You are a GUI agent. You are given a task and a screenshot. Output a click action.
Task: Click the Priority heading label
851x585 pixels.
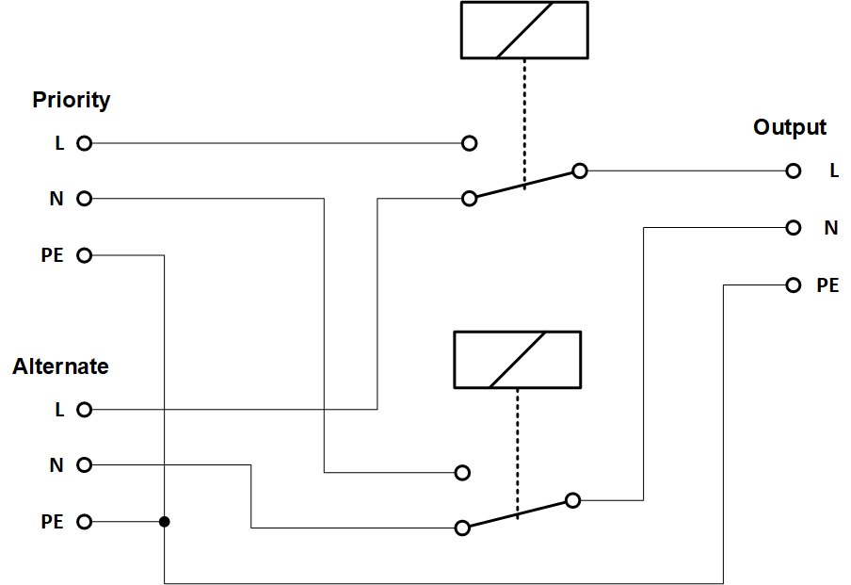pyautogui.click(x=71, y=100)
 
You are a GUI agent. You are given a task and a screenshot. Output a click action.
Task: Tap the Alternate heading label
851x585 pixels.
pyautogui.click(x=60, y=366)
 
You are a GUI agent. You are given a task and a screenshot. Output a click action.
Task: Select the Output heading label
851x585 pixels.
pyautogui.click(x=789, y=127)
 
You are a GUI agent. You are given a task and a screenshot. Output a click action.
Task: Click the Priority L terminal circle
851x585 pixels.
pyautogui.click(x=84, y=144)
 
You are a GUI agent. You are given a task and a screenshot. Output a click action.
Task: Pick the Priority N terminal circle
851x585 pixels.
pyautogui.click(x=84, y=199)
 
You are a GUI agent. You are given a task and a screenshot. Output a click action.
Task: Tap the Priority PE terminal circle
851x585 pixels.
pyautogui.click(x=84, y=255)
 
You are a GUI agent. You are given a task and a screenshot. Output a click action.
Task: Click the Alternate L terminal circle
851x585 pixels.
pyautogui.click(x=84, y=410)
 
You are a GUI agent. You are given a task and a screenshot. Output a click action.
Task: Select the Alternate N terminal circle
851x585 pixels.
pyautogui.click(x=84, y=464)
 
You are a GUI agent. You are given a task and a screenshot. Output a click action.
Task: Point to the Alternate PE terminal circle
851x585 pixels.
pyautogui.click(x=84, y=521)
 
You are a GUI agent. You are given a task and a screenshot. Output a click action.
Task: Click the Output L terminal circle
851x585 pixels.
pyautogui.click(x=794, y=171)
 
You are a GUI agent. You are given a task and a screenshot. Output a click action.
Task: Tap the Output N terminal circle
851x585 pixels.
pyautogui.click(x=794, y=227)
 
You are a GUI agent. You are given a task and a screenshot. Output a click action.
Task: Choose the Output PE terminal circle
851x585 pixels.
pyautogui.click(x=794, y=284)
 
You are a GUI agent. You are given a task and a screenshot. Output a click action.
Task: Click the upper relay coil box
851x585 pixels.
pyautogui.click(x=524, y=30)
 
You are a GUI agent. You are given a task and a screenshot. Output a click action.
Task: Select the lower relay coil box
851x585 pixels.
pyautogui.click(x=517, y=359)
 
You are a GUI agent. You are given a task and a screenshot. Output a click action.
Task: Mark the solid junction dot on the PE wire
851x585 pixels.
pyautogui.click(x=165, y=521)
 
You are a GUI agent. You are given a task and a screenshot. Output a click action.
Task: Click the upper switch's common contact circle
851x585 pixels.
pyautogui.click(x=580, y=171)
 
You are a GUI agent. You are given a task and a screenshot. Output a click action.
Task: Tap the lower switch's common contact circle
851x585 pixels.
pyautogui.click(x=571, y=500)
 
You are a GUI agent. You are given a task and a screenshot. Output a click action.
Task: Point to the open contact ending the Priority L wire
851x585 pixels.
pyautogui.click(x=470, y=144)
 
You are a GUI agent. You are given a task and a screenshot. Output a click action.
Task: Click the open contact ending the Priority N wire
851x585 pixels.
pyautogui.click(x=461, y=472)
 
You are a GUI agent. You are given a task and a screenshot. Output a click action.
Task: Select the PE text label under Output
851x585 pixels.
pyautogui.click(x=827, y=284)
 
